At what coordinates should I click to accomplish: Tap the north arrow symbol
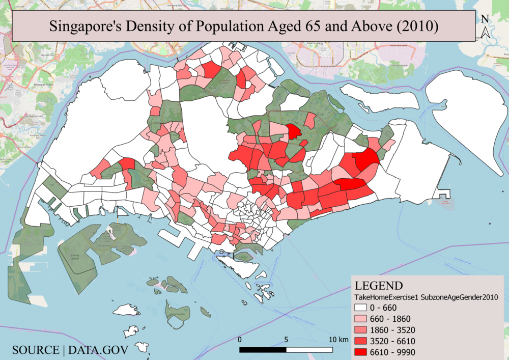click(x=486, y=32)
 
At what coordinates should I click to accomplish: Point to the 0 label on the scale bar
click(x=240, y=340)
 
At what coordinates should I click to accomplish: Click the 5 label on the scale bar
click(x=286, y=340)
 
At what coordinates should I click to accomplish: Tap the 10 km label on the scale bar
click(x=338, y=340)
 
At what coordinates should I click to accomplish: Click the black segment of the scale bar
click(x=263, y=350)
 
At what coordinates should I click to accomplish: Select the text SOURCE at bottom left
click(x=35, y=350)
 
